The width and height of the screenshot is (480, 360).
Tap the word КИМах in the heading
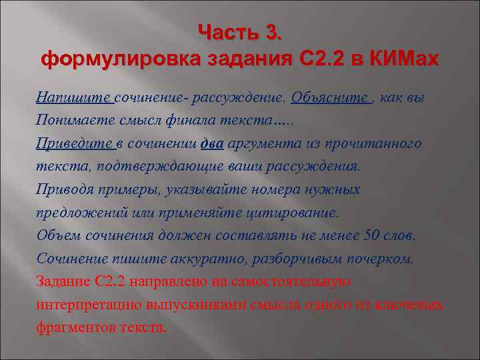(401, 59)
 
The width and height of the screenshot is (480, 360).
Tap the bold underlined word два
(213, 143)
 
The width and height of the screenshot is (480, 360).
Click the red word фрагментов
(75, 327)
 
